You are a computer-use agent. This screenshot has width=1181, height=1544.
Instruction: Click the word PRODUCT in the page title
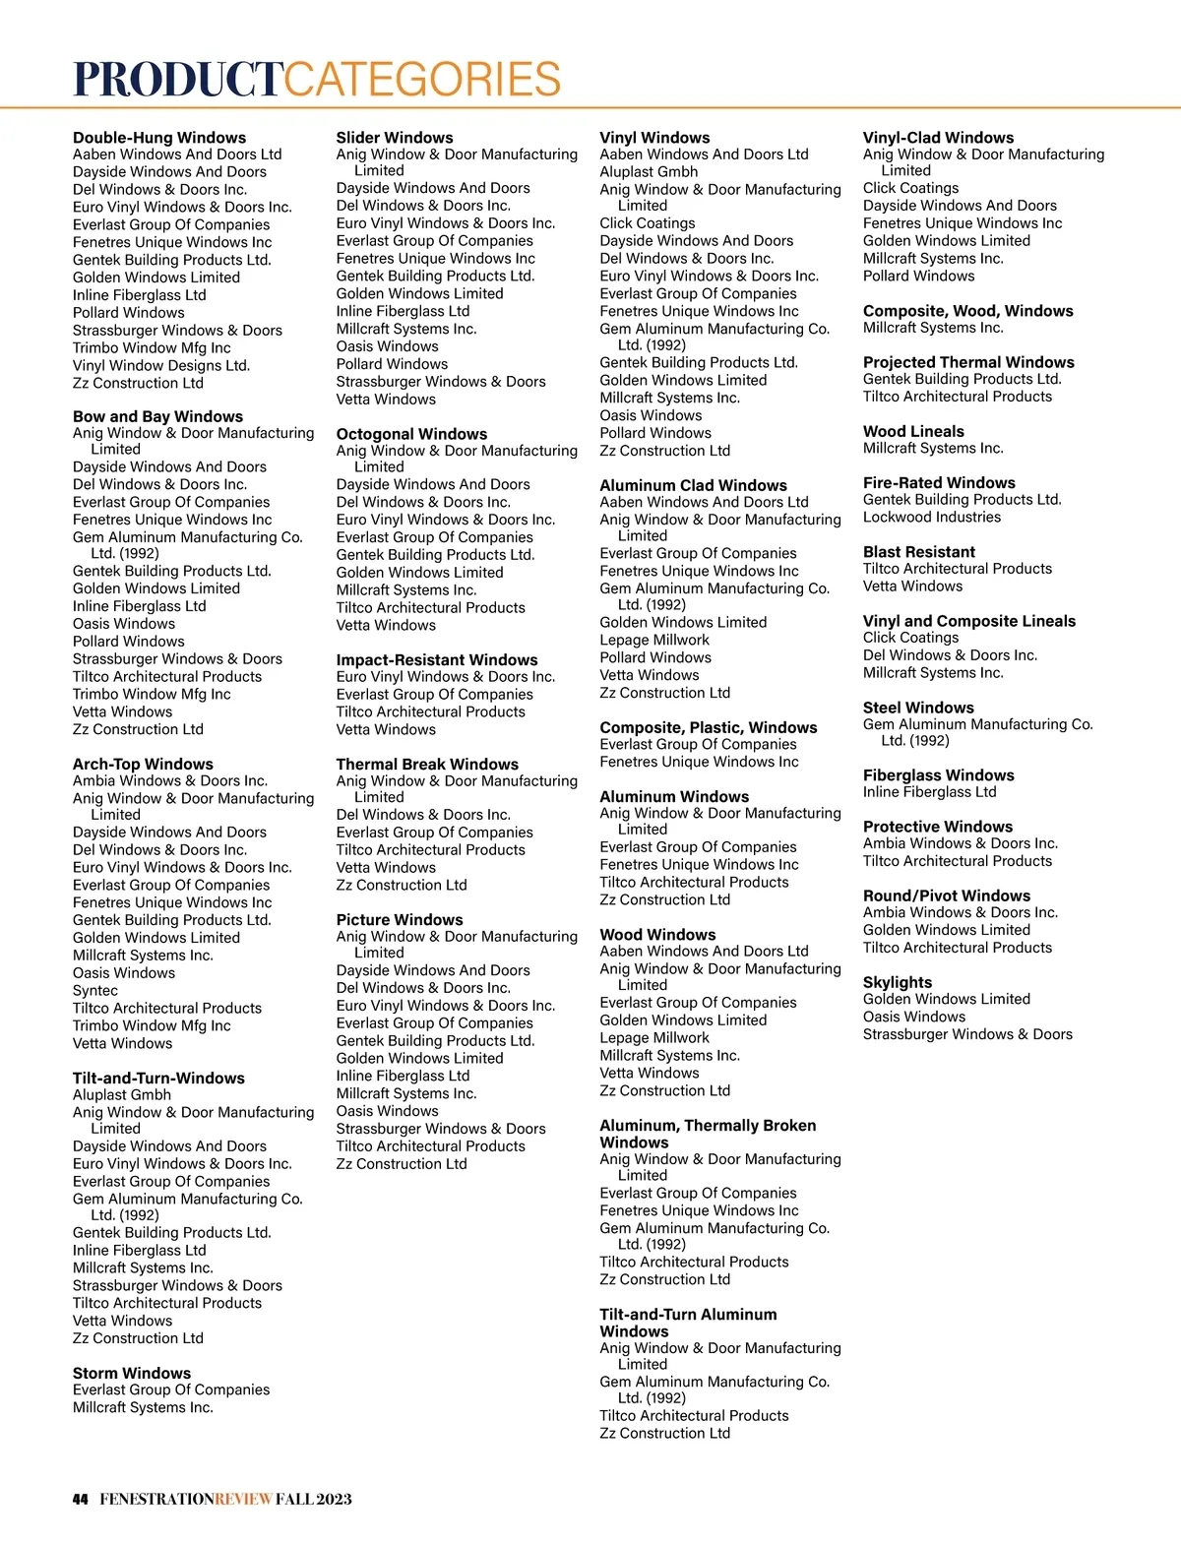pyautogui.click(x=178, y=79)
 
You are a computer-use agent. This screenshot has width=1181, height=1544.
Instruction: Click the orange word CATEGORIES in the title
pyautogui.click(x=423, y=79)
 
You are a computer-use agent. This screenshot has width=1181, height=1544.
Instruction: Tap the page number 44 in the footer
pyautogui.click(x=81, y=1499)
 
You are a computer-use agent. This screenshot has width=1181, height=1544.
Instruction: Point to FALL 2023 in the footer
pyautogui.click(x=313, y=1499)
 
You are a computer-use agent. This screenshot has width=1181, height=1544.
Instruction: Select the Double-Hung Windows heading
pyautogui.click(x=159, y=138)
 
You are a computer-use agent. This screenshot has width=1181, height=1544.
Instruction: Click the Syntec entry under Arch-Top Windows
pyautogui.click(x=95, y=990)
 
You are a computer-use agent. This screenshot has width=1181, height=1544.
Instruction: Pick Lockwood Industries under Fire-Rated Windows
pyautogui.click(x=932, y=517)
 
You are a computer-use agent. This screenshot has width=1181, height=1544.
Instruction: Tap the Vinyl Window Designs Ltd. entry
pyautogui.click(x=161, y=365)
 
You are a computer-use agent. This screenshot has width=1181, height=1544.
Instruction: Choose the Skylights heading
pyautogui.click(x=898, y=982)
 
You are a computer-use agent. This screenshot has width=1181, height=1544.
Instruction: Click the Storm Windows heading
pyautogui.click(x=132, y=1373)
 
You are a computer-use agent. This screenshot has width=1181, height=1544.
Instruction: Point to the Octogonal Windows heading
pyautogui.click(x=411, y=434)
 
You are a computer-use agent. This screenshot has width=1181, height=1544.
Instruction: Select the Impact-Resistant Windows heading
pyautogui.click(x=437, y=659)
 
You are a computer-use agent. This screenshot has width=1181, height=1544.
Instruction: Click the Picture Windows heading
pyautogui.click(x=400, y=919)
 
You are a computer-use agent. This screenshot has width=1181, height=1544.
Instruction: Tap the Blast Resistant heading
pyautogui.click(x=919, y=552)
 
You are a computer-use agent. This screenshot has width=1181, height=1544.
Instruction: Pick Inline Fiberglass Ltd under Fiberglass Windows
pyautogui.click(x=930, y=792)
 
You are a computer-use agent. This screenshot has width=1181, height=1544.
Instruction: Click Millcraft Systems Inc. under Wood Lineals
pyautogui.click(x=933, y=448)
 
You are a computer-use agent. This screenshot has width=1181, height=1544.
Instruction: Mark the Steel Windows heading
pyautogui.click(x=918, y=708)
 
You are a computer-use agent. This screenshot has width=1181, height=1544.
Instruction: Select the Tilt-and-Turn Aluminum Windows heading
pyautogui.click(x=688, y=1323)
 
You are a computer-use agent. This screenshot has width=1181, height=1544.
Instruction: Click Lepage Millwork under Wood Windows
pyautogui.click(x=654, y=1037)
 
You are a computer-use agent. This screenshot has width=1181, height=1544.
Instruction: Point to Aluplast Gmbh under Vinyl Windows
pyautogui.click(x=649, y=171)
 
